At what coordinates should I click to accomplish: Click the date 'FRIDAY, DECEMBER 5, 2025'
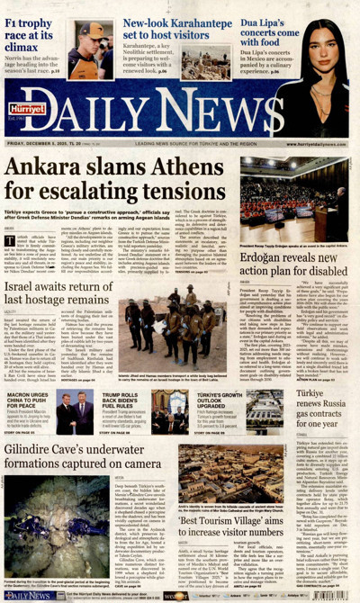(x=45, y=142)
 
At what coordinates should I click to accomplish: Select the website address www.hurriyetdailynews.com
(x=319, y=142)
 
